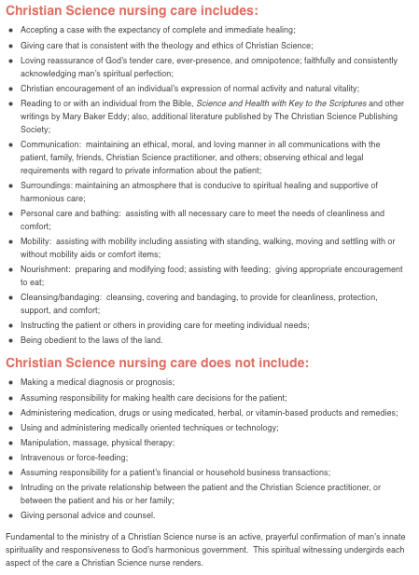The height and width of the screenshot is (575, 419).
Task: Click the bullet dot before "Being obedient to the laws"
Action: coord(10,339)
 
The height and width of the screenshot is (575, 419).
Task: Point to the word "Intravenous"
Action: coord(44,458)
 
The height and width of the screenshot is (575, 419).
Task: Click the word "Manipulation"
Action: coord(46,443)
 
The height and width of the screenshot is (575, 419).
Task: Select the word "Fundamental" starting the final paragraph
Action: coord(30,536)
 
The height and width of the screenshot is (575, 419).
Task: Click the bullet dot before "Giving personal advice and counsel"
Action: coord(10,514)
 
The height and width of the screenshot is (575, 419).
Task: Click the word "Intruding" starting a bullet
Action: coord(39,487)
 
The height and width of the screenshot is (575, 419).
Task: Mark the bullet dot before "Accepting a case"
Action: coord(10,30)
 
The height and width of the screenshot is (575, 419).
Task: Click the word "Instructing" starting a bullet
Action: coord(43,325)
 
